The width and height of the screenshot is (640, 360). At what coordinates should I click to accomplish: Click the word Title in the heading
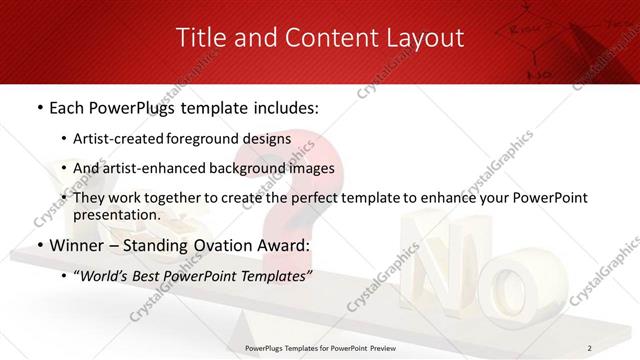pos(200,38)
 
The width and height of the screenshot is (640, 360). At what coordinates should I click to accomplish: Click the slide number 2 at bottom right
pos(589,347)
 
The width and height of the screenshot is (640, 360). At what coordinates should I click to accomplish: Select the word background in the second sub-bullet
pos(258,169)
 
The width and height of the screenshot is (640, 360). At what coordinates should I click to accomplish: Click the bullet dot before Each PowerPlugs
pos(39,107)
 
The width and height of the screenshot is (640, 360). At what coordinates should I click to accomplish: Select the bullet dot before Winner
pos(39,244)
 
